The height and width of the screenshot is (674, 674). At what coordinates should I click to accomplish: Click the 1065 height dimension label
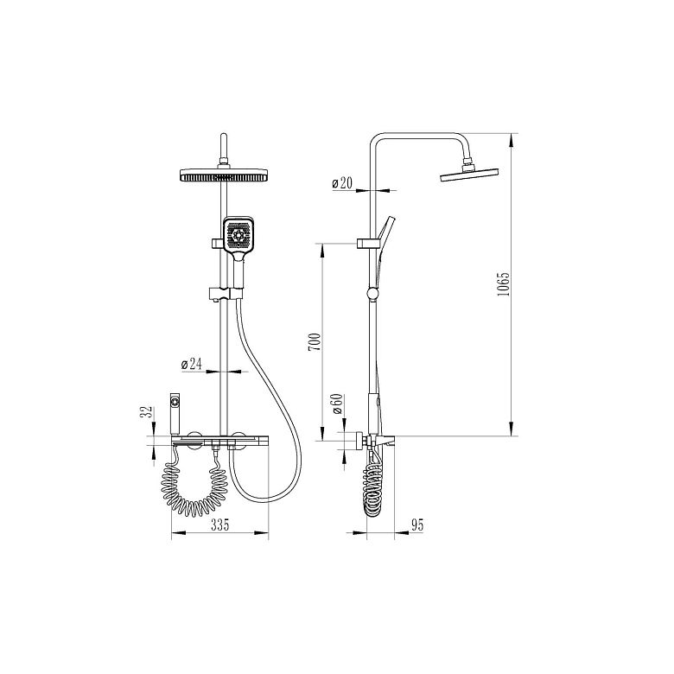[x=503, y=283]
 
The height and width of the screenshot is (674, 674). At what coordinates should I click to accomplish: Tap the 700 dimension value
[x=315, y=341]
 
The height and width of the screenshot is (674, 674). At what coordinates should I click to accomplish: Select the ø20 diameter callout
[x=342, y=183]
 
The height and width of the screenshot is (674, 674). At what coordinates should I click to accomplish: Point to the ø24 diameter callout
[x=191, y=364]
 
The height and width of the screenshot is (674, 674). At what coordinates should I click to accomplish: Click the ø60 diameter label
[x=337, y=404]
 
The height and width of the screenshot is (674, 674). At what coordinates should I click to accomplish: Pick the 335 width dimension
[x=219, y=525]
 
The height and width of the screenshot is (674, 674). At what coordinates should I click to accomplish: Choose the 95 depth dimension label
[x=417, y=525]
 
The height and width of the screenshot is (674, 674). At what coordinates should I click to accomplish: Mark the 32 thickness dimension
[x=149, y=411]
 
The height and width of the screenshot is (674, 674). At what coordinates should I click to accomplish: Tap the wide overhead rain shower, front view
[x=224, y=175]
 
